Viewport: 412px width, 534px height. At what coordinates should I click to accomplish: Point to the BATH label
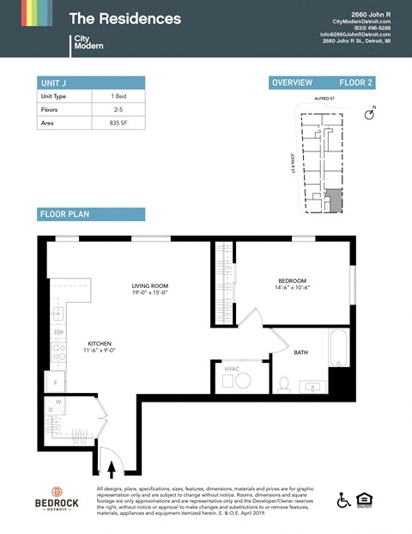pyautogui.click(x=300, y=352)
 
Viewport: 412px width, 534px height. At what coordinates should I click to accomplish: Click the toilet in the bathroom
pyautogui.click(x=283, y=383)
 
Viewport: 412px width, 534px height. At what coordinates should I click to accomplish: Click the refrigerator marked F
pyautogui.click(x=56, y=382)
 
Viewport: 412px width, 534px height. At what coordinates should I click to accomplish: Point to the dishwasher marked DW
pyautogui.click(x=58, y=332)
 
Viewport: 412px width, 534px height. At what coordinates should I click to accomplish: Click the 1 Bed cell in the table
pyautogui.click(x=118, y=96)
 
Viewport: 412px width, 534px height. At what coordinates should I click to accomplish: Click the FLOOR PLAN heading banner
pyautogui.click(x=90, y=214)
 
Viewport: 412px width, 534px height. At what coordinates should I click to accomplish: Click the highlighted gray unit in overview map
pyautogui.click(x=335, y=202)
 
